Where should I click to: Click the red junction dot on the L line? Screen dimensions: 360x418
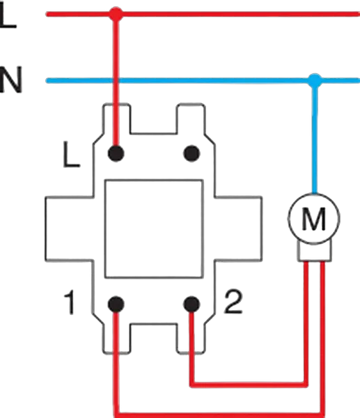tap(116, 14)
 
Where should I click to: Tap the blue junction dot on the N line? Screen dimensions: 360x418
tap(315, 80)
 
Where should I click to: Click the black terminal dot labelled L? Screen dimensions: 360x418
tap(116, 153)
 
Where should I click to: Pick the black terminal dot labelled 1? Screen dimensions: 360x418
tap(116, 304)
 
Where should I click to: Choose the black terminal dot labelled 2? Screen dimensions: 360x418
tap(192, 304)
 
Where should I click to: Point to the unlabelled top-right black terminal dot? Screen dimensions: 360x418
tap(192, 153)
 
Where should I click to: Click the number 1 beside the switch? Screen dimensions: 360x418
tap(70, 303)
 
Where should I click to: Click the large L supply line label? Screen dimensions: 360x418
tap(8, 17)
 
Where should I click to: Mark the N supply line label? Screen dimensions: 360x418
tap(10, 79)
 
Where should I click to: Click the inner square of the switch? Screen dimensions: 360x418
tap(153, 229)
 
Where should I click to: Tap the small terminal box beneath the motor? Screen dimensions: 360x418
tap(315, 251)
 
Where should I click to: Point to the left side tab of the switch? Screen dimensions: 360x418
tap(69, 229)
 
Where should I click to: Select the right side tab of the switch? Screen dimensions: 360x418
tap(238, 229)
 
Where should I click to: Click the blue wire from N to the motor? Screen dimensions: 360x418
tap(315, 137)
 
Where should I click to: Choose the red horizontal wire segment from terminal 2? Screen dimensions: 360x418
tap(249, 385)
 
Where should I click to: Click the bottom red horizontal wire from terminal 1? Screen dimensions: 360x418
tap(220, 415)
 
